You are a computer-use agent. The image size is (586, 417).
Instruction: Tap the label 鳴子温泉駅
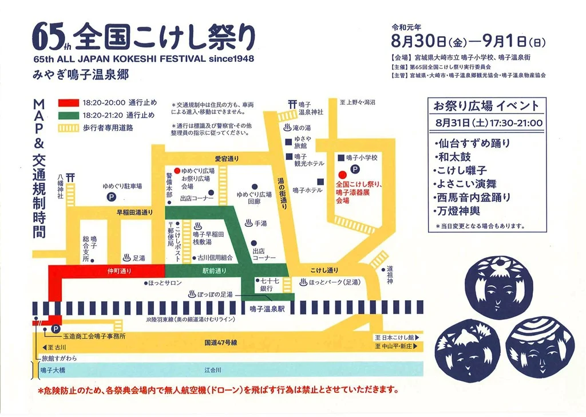pyautogui.click(x=267, y=309)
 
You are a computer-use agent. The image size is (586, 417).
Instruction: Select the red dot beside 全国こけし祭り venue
pyautogui.click(x=342, y=175)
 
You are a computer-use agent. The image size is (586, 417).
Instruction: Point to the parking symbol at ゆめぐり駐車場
pyautogui.click(x=110, y=196)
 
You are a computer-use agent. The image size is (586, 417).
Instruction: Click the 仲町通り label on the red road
pyautogui.click(x=117, y=270)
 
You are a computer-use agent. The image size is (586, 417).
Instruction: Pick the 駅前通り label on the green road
pyautogui.click(x=215, y=270)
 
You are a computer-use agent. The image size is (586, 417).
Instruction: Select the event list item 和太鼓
pyautogui.click(x=450, y=157)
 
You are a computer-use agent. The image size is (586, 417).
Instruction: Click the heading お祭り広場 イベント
pyautogui.click(x=485, y=106)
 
